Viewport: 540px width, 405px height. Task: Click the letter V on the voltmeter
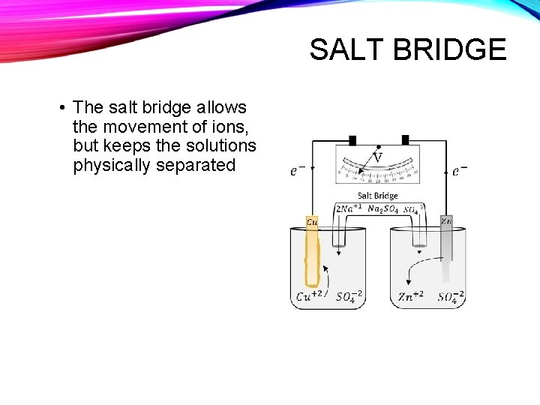pos(377,157)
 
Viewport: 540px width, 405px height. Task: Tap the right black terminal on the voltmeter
pos(405,139)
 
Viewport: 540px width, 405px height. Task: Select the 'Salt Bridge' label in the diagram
pos(377,196)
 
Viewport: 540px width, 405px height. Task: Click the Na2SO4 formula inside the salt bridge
pos(383,208)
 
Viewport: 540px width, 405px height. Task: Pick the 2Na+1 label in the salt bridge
pos(349,208)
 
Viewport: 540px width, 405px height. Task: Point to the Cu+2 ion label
pos(310,296)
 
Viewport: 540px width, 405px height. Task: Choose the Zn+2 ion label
pos(411,296)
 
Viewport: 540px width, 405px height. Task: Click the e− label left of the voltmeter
pos(298,171)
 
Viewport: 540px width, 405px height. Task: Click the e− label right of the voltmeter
pos(459,171)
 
